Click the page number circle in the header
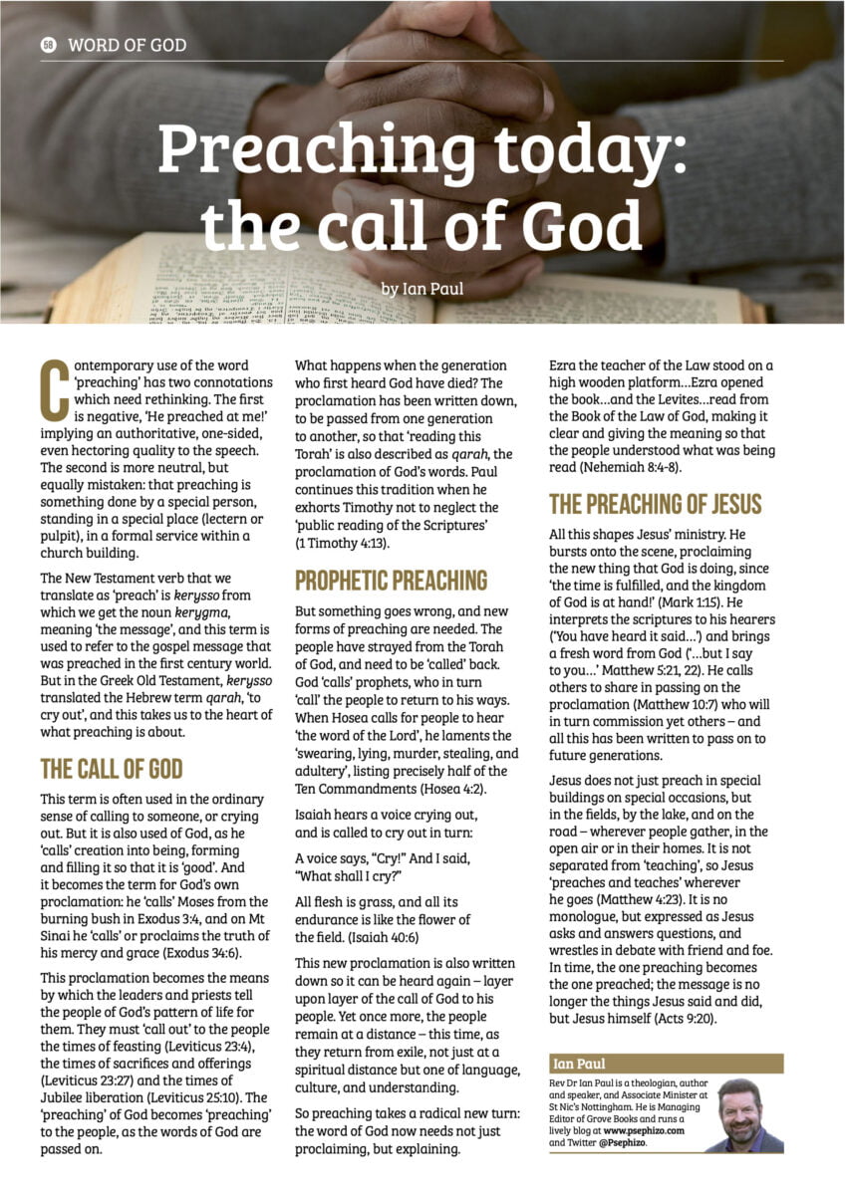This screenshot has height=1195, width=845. [x=48, y=45]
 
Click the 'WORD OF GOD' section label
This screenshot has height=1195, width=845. [x=127, y=45]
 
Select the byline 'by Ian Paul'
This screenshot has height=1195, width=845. [x=422, y=290]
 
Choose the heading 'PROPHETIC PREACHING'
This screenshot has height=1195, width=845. [x=391, y=581]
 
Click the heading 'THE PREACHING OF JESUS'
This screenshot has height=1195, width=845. [x=655, y=504]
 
